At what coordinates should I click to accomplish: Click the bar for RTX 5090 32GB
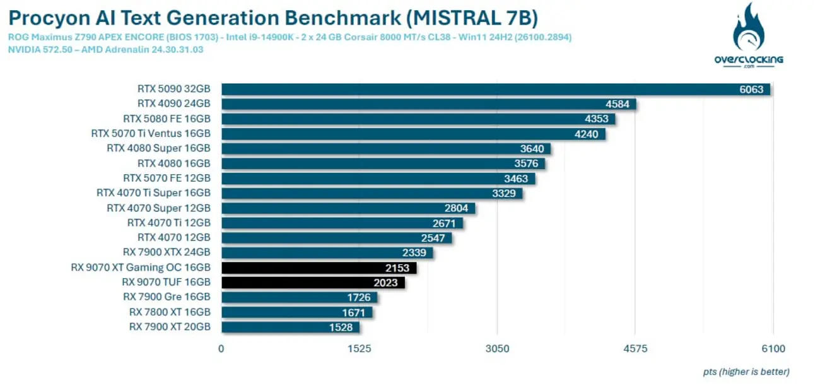tap(496, 90)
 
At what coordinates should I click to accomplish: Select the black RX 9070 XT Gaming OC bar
tap(319, 268)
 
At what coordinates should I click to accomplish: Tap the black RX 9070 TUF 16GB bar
tap(313, 283)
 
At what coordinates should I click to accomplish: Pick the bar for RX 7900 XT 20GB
tap(290, 327)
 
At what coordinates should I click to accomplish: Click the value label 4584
tap(617, 104)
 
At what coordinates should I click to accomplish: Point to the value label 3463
tap(516, 179)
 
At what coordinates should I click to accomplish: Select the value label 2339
tap(414, 253)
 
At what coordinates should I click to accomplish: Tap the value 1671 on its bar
tap(353, 312)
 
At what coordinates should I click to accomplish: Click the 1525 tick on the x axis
tap(359, 348)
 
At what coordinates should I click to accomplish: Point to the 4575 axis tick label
tap(635, 348)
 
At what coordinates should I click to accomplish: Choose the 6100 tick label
tap(773, 348)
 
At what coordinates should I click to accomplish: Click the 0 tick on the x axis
tap(221, 348)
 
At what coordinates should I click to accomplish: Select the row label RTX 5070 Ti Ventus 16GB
tap(151, 134)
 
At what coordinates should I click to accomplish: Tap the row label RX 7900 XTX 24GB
tap(167, 252)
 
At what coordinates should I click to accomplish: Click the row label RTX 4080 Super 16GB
tap(158, 148)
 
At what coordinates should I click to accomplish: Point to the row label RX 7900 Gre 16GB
tap(167, 297)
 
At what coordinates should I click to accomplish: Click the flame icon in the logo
tap(748, 28)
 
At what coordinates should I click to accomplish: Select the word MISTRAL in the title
tap(454, 18)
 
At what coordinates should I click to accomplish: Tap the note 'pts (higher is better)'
tap(746, 372)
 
